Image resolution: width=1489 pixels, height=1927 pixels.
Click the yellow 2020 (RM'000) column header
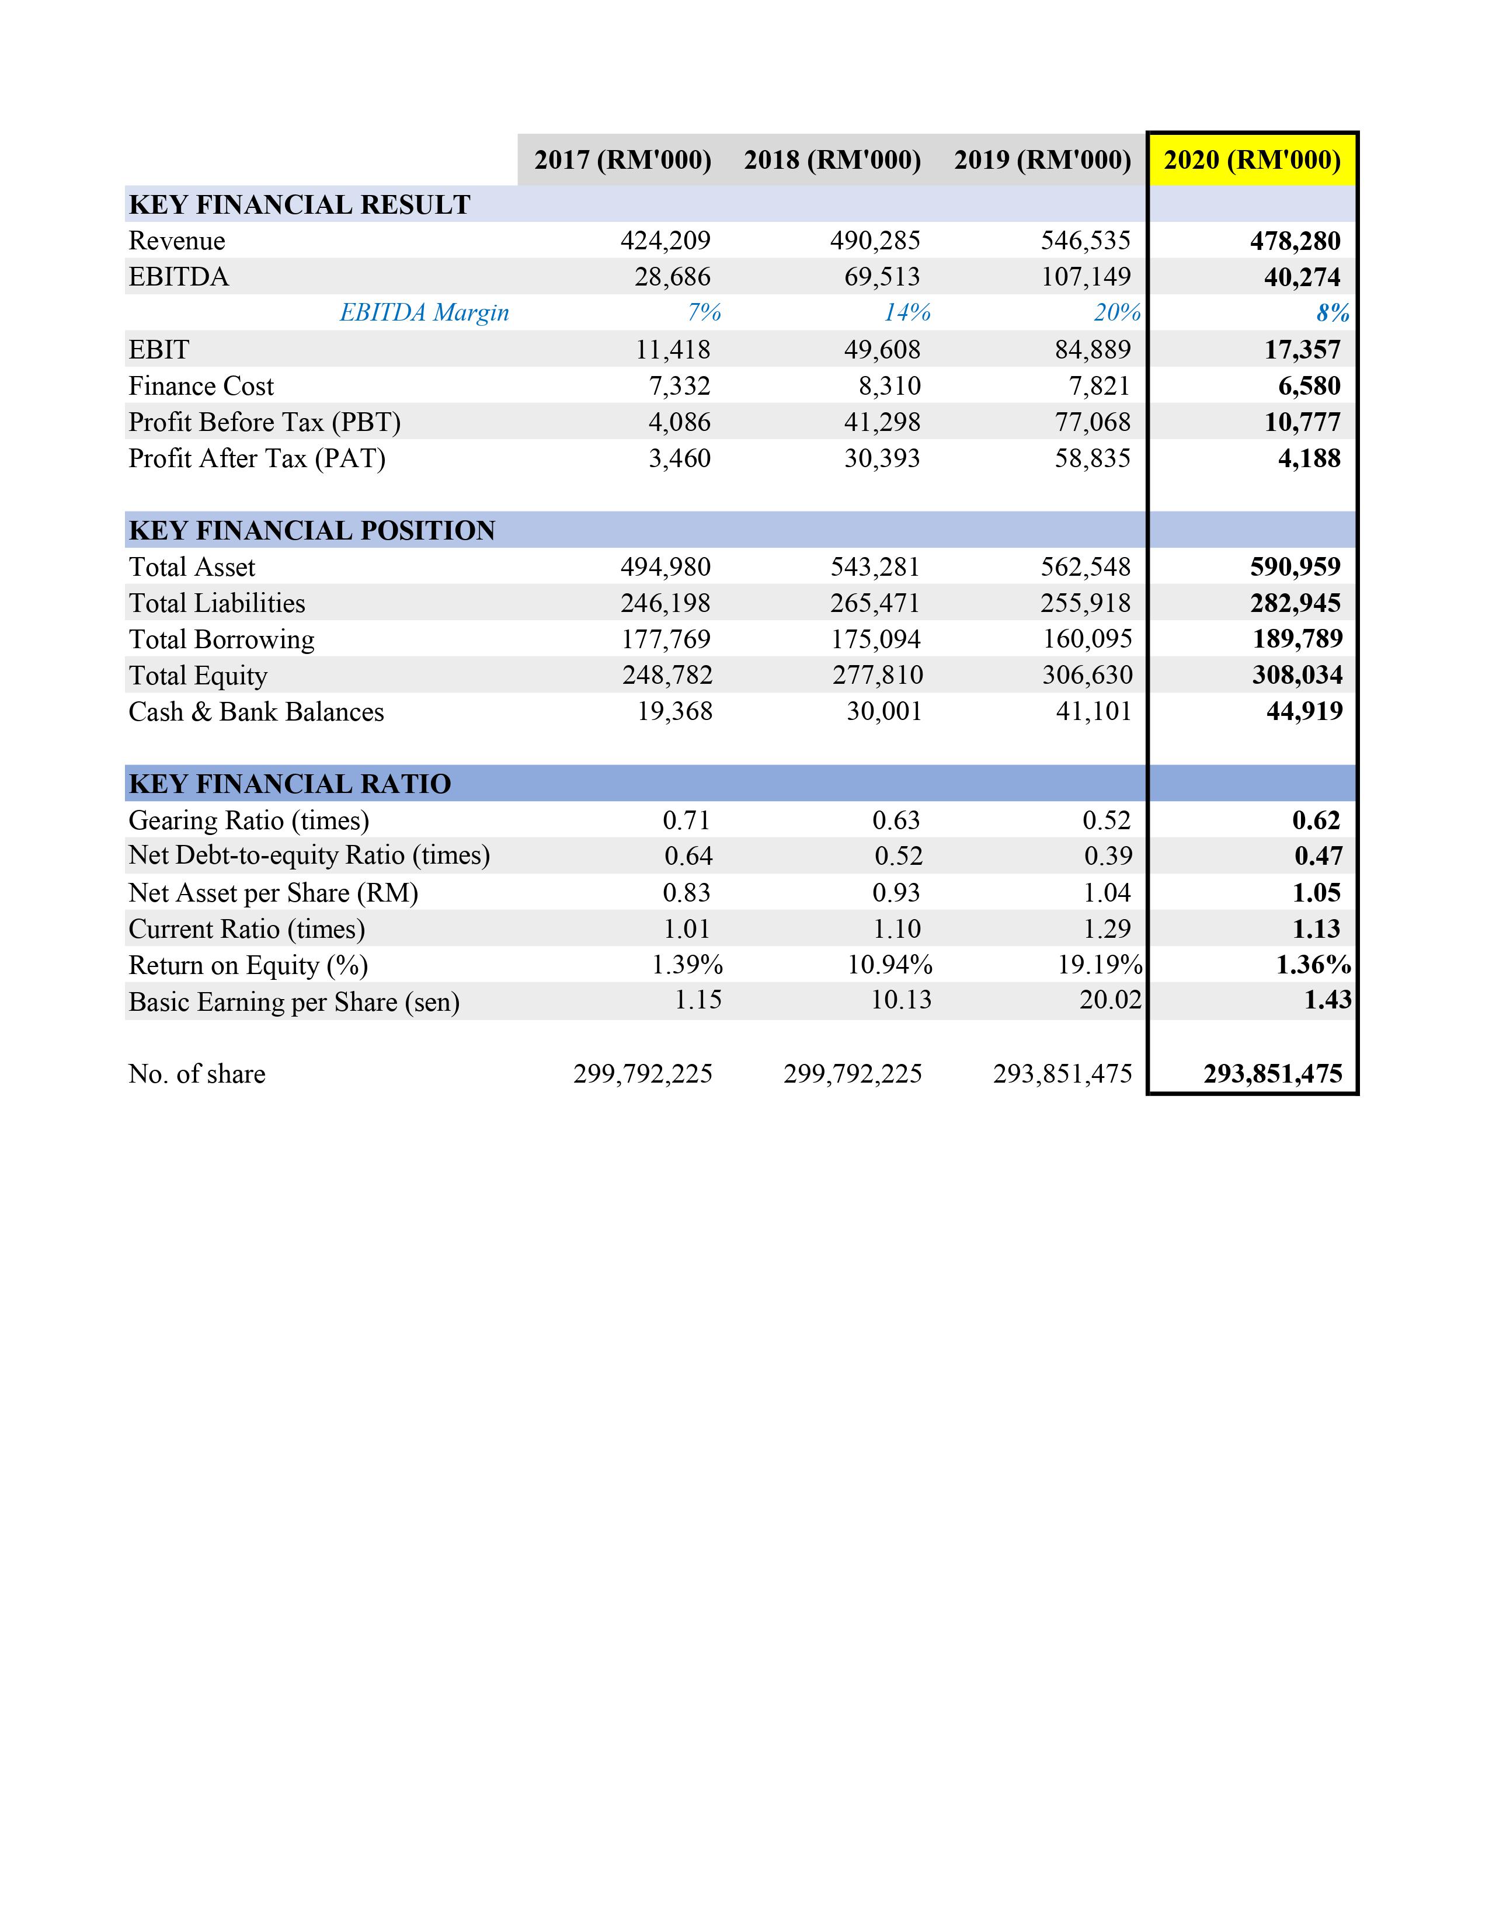click(x=1252, y=159)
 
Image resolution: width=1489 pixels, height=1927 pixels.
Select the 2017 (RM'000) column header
click(x=623, y=159)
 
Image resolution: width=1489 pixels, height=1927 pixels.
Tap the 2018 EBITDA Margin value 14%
click(x=907, y=312)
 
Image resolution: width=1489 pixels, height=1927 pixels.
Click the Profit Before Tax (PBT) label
click(x=265, y=422)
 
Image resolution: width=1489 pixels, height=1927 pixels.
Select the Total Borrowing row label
click(x=221, y=639)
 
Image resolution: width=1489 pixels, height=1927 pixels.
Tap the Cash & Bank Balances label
click(x=256, y=711)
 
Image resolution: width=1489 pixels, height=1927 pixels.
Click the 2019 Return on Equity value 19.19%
click(x=1100, y=965)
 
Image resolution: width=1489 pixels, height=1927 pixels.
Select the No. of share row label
click(x=197, y=1074)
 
